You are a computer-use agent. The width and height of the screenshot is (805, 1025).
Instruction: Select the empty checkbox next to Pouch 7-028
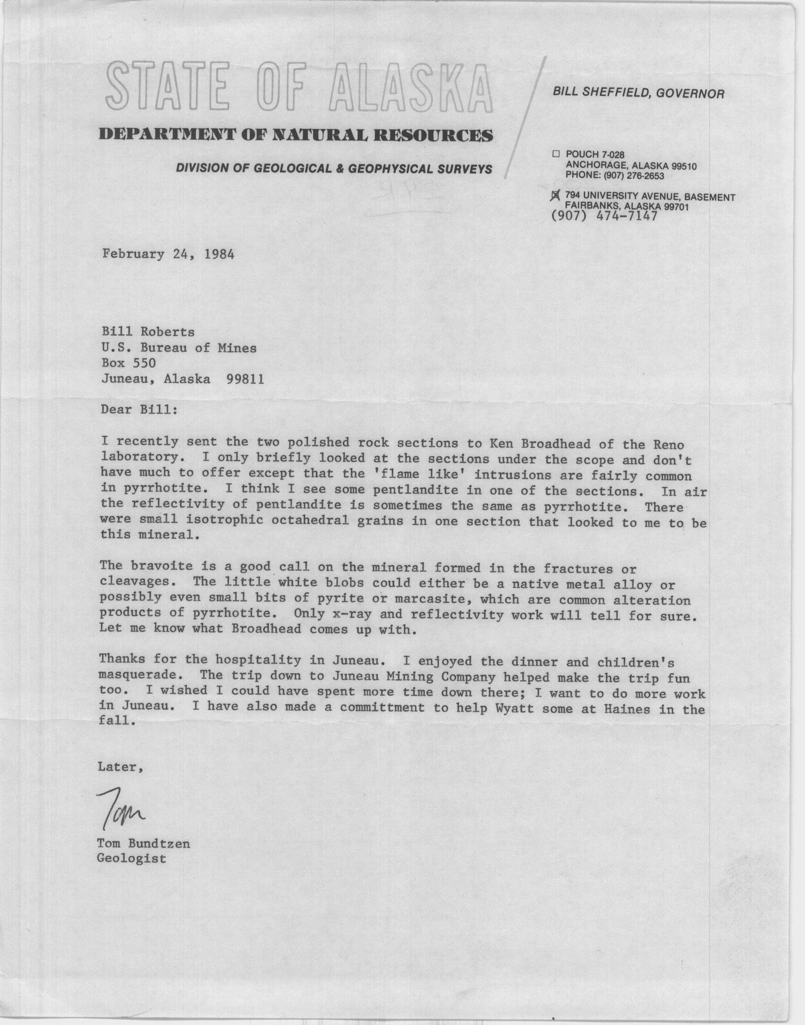(556, 154)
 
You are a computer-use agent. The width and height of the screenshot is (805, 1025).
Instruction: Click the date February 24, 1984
(168, 254)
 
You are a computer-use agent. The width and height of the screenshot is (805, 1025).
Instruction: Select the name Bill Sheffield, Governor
(639, 93)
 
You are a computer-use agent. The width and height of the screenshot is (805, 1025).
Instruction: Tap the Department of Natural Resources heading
(296, 135)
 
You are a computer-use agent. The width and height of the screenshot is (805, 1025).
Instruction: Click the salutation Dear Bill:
(139, 409)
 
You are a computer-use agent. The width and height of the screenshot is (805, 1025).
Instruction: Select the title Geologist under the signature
(131, 858)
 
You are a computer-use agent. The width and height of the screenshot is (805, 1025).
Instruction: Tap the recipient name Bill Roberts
(148, 332)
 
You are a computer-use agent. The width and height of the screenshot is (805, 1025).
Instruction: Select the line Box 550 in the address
(128, 363)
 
